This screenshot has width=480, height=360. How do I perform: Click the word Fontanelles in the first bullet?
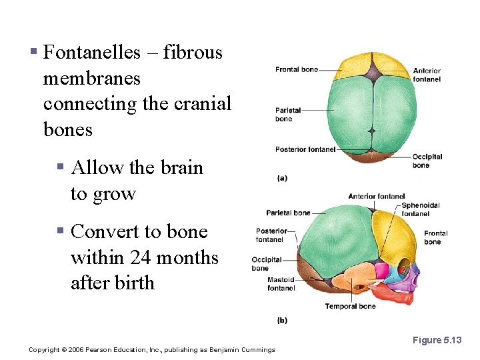(91, 52)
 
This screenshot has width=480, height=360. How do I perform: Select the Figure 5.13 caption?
(437, 340)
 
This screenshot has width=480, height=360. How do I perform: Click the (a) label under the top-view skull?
(282, 178)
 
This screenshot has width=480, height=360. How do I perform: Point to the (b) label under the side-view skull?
(282, 320)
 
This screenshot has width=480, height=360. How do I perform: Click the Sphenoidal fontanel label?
(420, 209)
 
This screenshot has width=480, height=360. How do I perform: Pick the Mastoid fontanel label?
(281, 284)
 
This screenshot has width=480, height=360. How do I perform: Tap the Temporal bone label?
(350, 307)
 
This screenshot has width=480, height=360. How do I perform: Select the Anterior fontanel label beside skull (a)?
(426, 75)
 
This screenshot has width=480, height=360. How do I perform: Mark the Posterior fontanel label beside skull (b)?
(271, 235)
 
